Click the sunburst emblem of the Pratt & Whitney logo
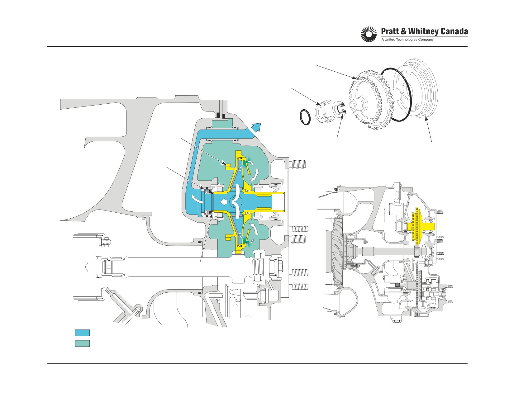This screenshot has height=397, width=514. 369,35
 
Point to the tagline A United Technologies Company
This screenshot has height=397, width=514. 407,40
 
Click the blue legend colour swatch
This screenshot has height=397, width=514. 82,333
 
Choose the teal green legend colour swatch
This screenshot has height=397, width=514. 82,343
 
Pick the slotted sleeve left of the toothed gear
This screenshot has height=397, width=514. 324,111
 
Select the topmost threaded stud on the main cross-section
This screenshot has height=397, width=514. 298,164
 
